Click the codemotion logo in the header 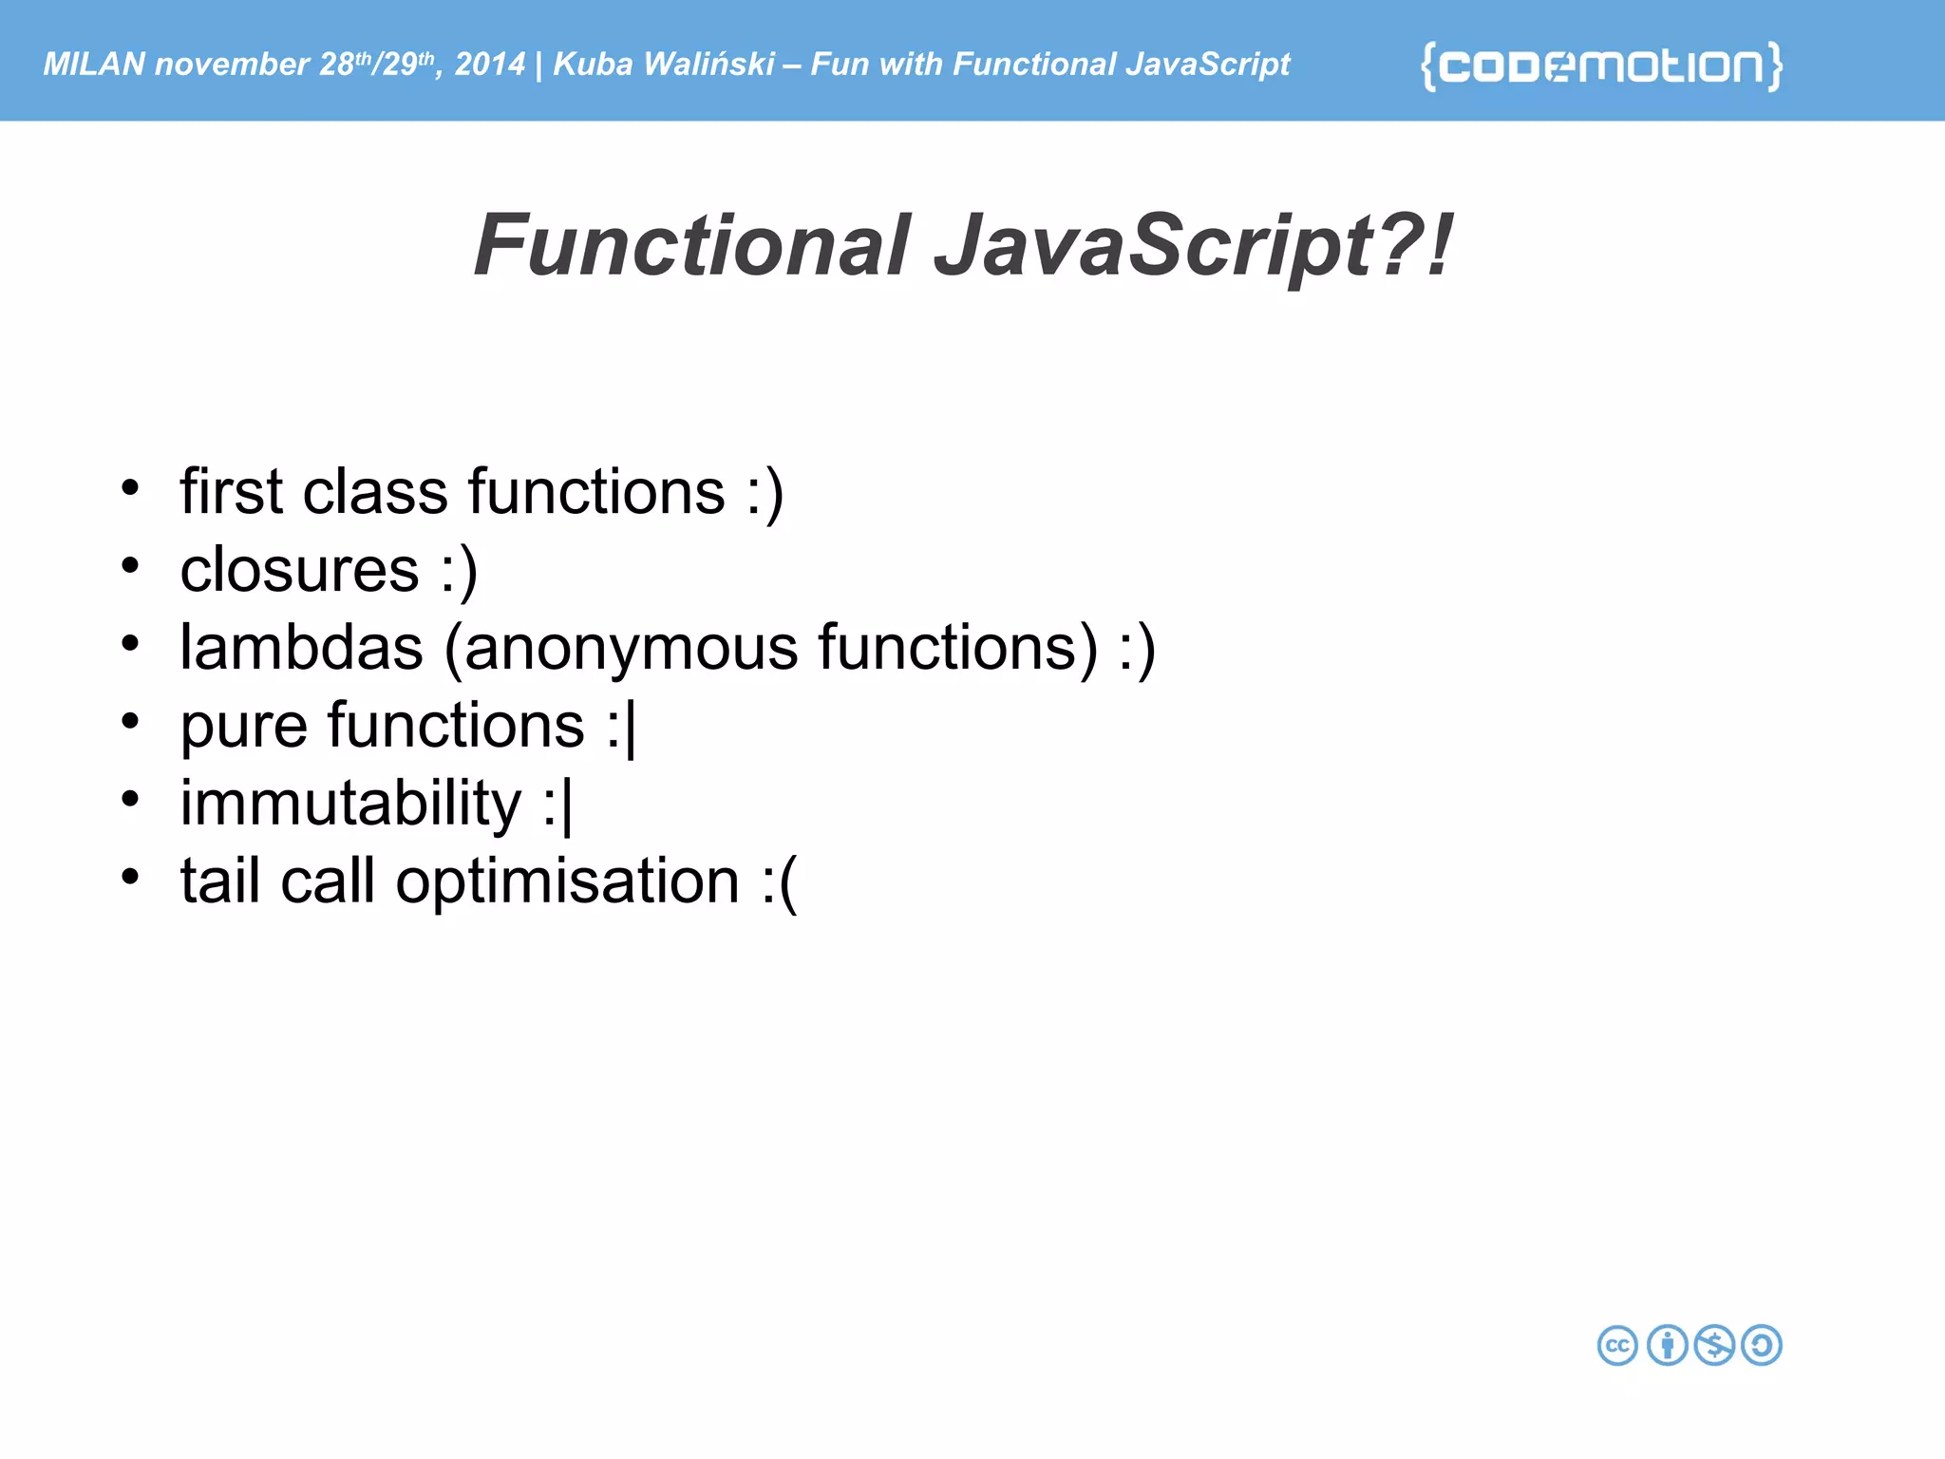coord(1601,66)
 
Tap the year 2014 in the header coord(489,64)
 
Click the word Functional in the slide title coord(692,245)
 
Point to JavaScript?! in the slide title coord(1193,245)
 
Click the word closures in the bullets coord(299,570)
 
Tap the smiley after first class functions coord(765,494)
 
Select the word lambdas coord(301,648)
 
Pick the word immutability coord(350,804)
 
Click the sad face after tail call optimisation coord(779,882)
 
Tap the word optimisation coord(567,882)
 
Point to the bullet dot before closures coord(130,566)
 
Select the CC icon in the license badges coord(1617,1345)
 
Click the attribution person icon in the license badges coord(1667,1345)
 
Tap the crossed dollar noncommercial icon coord(1715,1345)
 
